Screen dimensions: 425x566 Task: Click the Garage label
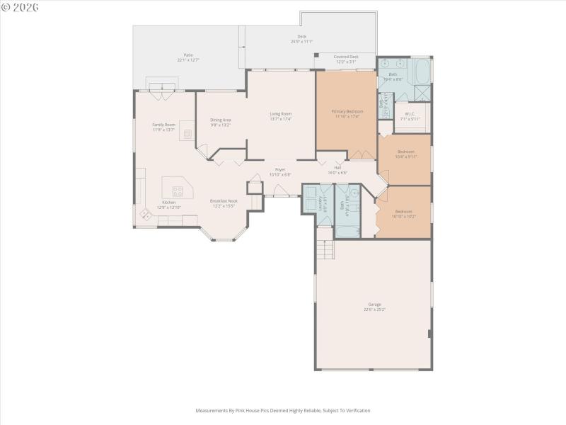click(x=374, y=305)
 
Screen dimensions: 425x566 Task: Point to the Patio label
click(x=188, y=55)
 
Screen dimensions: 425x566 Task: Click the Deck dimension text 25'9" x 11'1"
click(x=301, y=42)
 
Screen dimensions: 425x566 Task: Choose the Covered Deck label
click(x=346, y=57)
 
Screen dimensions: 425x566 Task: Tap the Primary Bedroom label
click(x=347, y=111)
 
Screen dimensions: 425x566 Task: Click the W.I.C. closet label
click(x=410, y=114)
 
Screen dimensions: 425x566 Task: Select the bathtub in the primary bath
click(x=422, y=72)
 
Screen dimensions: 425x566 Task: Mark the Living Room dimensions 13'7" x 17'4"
click(x=281, y=119)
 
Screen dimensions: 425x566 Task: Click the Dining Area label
click(x=221, y=120)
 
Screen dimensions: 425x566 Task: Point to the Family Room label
click(x=163, y=125)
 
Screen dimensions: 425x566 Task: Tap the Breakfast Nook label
click(x=224, y=201)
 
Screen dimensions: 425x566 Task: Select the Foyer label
click(x=280, y=169)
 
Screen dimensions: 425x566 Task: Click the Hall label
click(x=337, y=168)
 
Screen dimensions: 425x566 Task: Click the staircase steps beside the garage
click(x=324, y=249)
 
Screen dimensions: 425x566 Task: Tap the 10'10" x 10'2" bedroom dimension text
click(x=403, y=216)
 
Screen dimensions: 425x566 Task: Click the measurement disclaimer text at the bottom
click(x=283, y=410)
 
